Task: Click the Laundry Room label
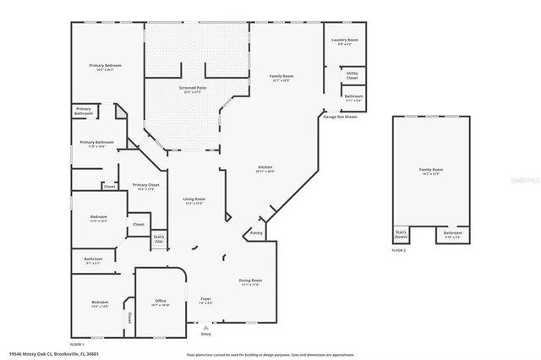pyautogui.click(x=346, y=41)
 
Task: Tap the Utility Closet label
pyautogui.click(x=352, y=77)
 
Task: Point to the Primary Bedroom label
pyautogui.click(x=107, y=66)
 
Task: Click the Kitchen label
pyautogui.click(x=265, y=169)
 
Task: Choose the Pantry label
pyautogui.click(x=257, y=232)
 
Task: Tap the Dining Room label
pyautogui.click(x=250, y=282)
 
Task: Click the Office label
pyautogui.click(x=160, y=302)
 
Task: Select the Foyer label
pyautogui.click(x=205, y=300)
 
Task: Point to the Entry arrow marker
pyautogui.click(x=205, y=325)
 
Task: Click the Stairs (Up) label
pyautogui.click(x=158, y=238)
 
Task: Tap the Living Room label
pyautogui.click(x=194, y=201)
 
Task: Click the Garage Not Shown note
pyautogui.click(x=340, y=117)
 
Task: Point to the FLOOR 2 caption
pyautogui.click(x=399, y=251)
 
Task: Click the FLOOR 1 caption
pyautogui.click(x=77, y=345)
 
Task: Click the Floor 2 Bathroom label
pyautogui.click(x=453, y=234)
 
